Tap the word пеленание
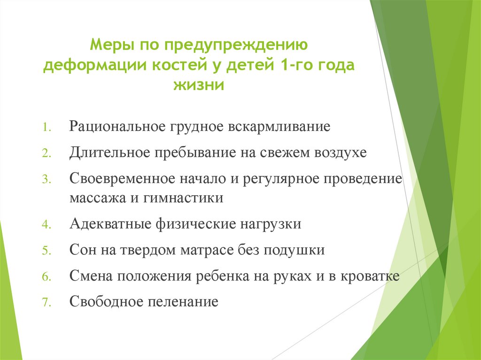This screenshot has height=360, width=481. pyautogui.click(x=186, y=301)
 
